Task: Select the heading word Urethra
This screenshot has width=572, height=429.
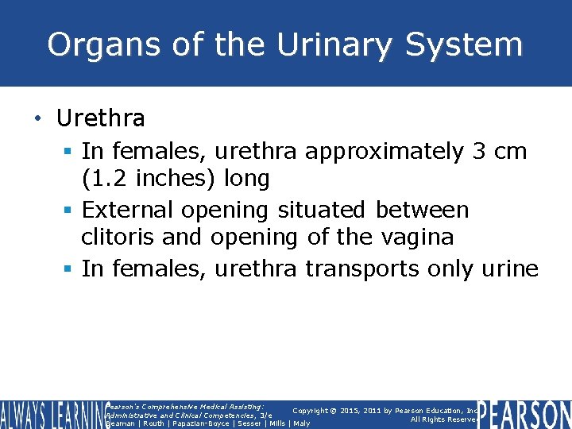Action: pos(100,119)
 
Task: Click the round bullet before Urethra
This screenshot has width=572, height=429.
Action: pos(37,120)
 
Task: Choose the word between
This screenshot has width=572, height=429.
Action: pos(422,210)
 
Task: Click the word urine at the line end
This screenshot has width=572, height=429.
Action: pos(508,269)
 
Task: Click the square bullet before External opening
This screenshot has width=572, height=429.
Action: pos(70,211)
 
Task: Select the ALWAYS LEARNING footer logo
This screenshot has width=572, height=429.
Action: pos(50,414)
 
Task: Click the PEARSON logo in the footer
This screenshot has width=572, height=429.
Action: pos(524,414)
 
